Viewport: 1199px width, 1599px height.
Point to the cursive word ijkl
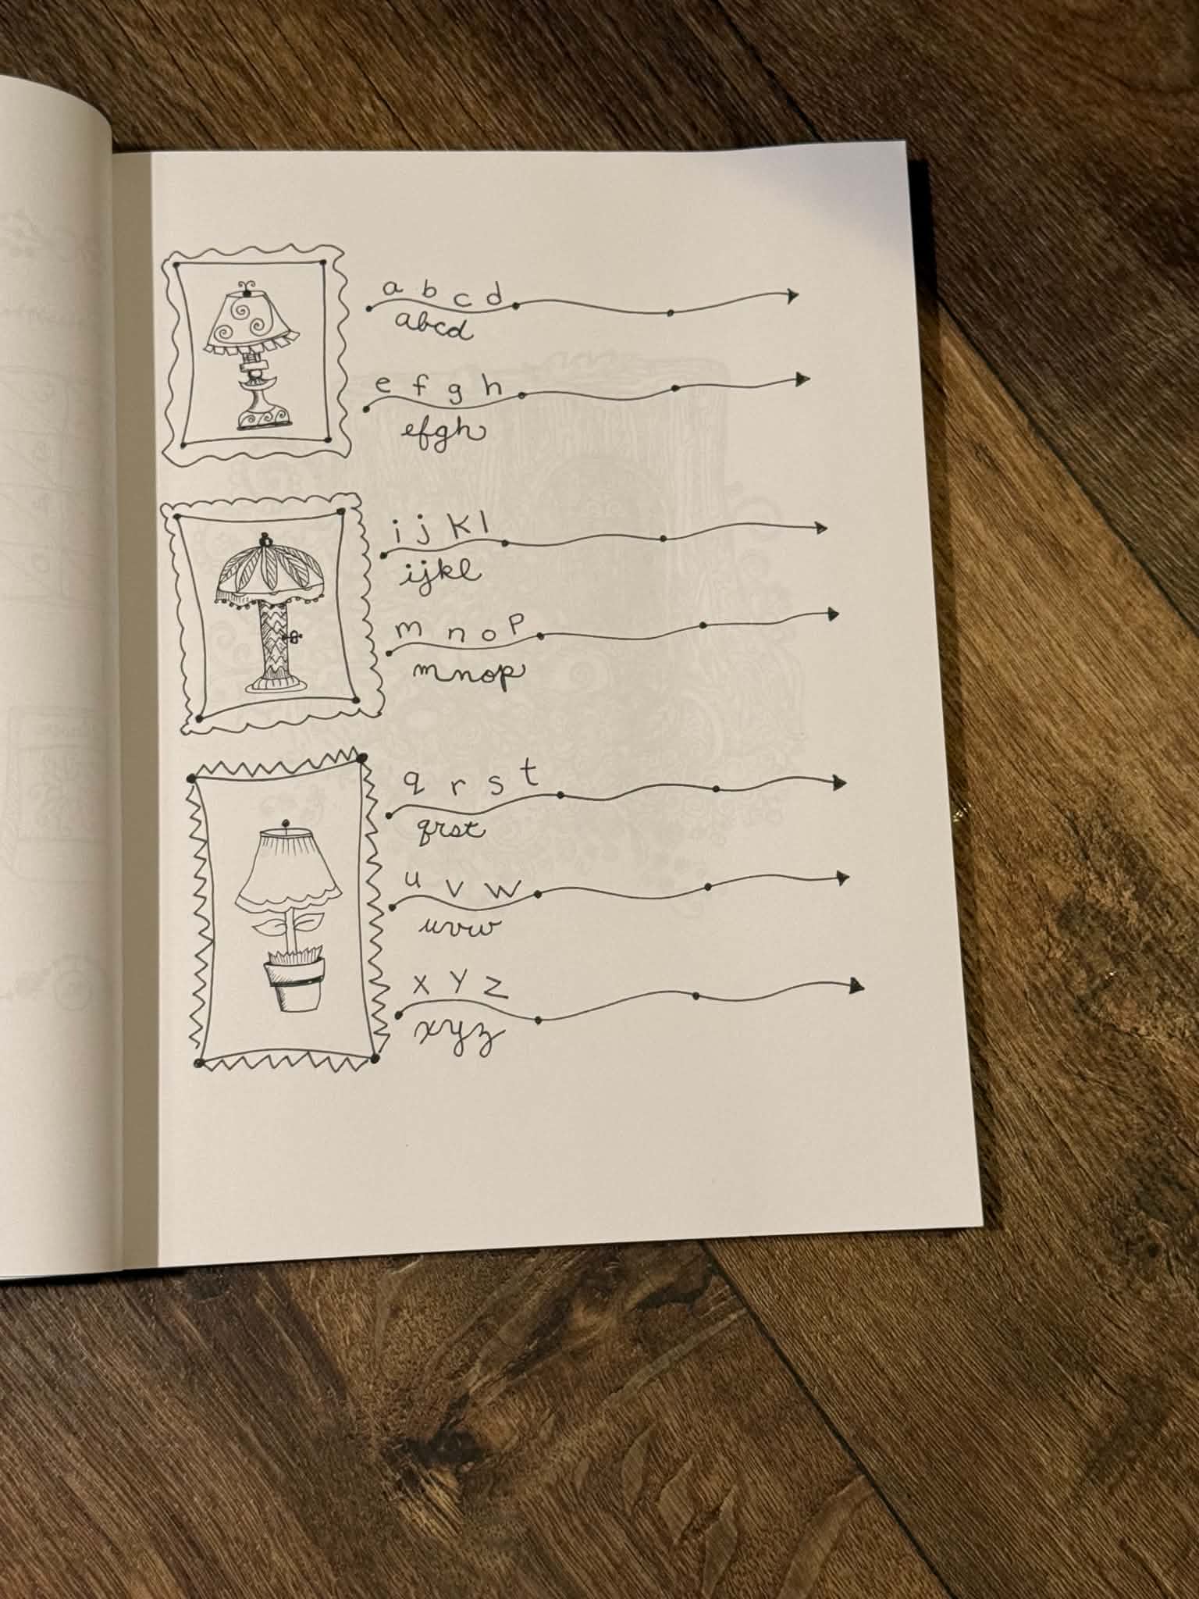tap(441, 574)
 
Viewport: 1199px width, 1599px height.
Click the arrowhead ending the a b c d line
tap(792, 295)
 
